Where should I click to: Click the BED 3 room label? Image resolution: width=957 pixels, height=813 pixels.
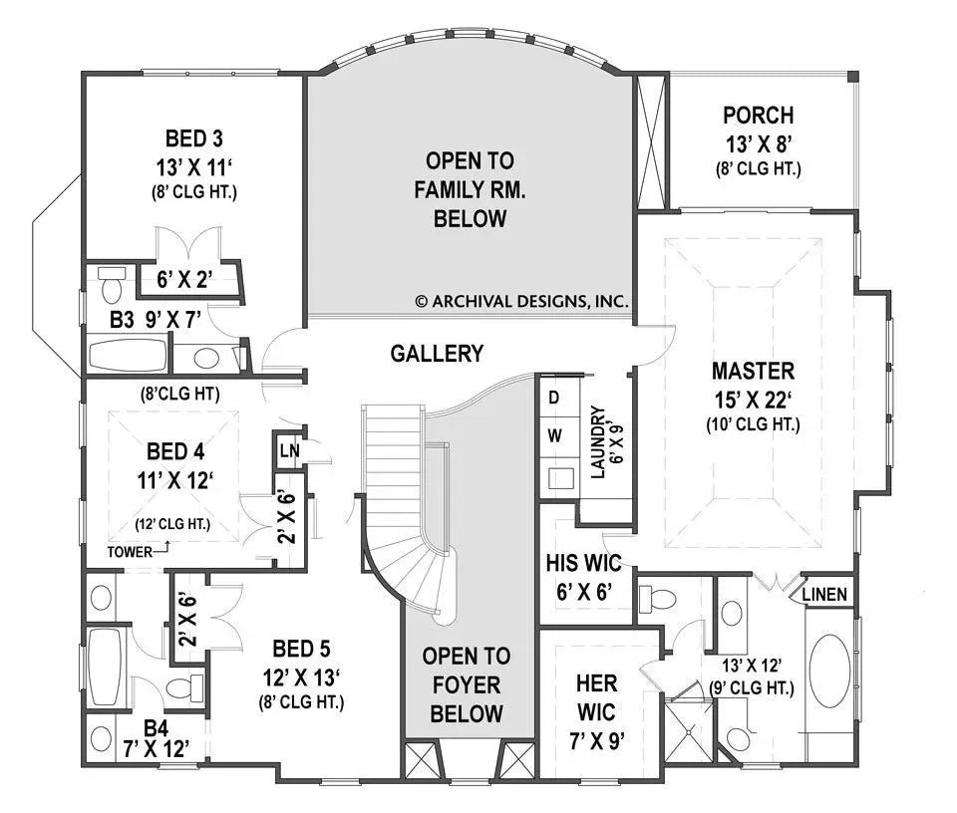coord(193,136)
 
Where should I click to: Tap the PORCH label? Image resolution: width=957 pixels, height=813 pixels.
coord(759,115)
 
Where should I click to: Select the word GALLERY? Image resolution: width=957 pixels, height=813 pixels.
coord(437,353)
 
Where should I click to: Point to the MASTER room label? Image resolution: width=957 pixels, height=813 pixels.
coord(753,372)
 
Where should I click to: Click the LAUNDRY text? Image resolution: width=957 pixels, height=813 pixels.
coord(599,441)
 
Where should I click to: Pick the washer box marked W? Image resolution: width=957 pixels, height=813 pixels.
coord(555,435)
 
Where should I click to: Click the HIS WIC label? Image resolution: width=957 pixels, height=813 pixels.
coord(578,564)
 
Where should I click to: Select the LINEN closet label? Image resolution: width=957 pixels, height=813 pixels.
coord(824,595)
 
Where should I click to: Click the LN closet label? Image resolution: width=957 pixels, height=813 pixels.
coord(289,452)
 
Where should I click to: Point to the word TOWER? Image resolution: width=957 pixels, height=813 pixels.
coord(132,551)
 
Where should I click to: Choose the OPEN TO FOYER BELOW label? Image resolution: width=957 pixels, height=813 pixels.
coord(467,684)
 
